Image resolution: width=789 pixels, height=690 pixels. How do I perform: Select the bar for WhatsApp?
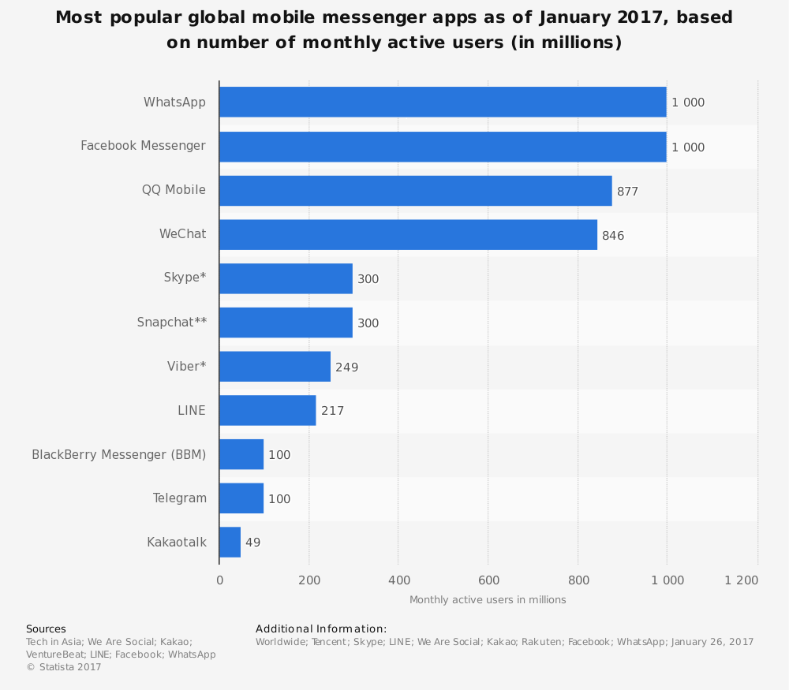pyautogui.click(x=443, y=102)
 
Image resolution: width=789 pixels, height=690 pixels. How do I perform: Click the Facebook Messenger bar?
pyautogui.click(x=443, y=147)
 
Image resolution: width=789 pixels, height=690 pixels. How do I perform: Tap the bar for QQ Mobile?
pyautogui.click(x=416, y=191)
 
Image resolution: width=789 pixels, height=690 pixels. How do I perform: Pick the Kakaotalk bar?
pyautogui.click(x=230, y=543)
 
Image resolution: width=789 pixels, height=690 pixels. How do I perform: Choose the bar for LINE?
pyautogui.click(x=267, y=410)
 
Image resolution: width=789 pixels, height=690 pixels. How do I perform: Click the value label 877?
pyautogui.click(x=627, y=192)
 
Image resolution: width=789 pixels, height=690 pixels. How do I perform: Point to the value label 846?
pyautogui.click(x=613, y=236)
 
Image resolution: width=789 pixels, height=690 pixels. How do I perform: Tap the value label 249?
pyautogui.click(x=346, y=367)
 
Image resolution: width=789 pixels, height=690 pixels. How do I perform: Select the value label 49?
pyautogui.click(x=252, y=543)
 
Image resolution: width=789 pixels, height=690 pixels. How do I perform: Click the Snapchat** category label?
pyautogui.click(x=171, y=323)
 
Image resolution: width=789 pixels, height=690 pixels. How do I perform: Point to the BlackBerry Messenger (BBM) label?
pyautogui.click(x=118, y=454)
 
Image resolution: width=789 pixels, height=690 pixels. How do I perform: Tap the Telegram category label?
pyautogui.click(x=179, y=498)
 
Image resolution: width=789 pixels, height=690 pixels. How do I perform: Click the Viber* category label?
pyautogui.click(x=186, y=367)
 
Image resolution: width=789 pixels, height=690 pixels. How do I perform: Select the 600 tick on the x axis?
pyautogui.click(x=488, y=580)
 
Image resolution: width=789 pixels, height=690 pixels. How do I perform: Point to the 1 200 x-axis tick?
pyautogui.click(x=741, y=580)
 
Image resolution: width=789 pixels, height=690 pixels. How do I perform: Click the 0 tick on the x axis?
pyautogui.click(x=219, y=580)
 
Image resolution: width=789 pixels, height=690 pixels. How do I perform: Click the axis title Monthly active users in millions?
pyautogui.click(x=488, y=600)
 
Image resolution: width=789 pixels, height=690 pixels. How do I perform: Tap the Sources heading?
pyautogui.click(x=46, y=629)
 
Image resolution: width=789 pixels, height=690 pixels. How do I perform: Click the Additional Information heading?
pyautogui.click(x=321, y=629)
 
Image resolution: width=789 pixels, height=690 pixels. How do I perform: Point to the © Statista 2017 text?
pyautogui.click(x=64, y=667)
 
